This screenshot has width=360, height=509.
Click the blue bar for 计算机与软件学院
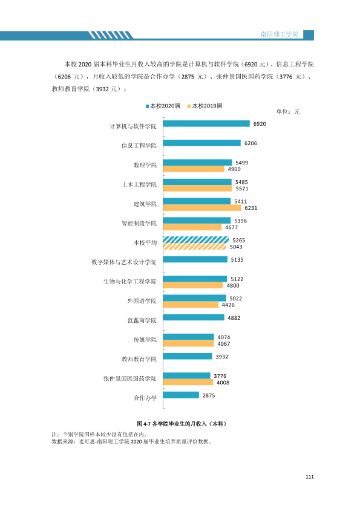(206, 124)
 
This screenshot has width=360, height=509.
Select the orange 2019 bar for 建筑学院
(202, 208)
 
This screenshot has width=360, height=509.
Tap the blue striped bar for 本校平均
(196, 240)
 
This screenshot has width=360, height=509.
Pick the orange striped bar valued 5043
(195, 247)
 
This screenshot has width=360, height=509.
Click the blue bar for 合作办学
(181, 395)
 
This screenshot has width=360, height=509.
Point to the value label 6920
(260, 124)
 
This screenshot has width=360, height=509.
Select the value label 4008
(223, 383)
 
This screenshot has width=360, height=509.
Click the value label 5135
(237, 260)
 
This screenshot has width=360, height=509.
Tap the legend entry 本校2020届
(163, 106)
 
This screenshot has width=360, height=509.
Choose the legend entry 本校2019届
(205, 106)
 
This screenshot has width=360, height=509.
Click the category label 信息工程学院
(139, 146)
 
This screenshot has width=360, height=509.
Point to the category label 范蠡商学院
(142, 320)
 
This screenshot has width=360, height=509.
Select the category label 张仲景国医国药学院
(130, 378)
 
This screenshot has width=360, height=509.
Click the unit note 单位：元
(288, 112)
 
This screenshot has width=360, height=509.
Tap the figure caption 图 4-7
(144, 424)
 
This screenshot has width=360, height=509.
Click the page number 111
(310, 476)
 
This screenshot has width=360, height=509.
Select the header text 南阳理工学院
(280, 34)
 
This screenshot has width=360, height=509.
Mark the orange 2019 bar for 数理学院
(194, 169)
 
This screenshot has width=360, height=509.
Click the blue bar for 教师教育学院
(188, 356)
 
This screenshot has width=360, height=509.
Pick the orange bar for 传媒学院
(188, 343)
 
